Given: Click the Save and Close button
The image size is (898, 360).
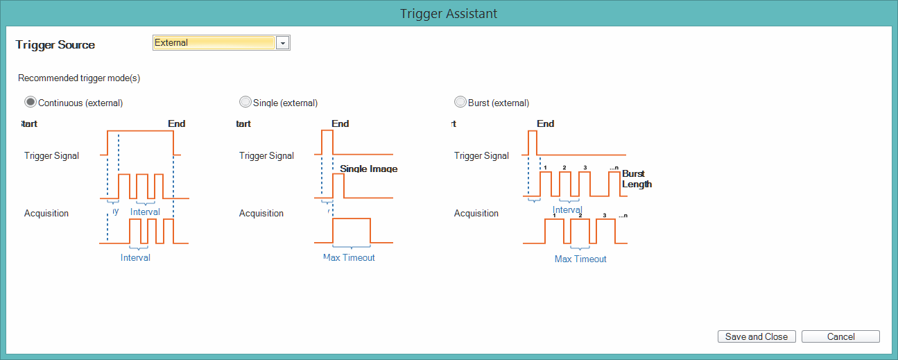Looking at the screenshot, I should point(757,336).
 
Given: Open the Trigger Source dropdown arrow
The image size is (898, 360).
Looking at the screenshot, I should point(282,43).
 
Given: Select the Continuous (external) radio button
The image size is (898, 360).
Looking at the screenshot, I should point(31,103).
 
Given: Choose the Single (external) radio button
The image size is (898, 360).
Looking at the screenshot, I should point(245,103).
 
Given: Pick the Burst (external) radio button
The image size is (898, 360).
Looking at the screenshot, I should point(460,103).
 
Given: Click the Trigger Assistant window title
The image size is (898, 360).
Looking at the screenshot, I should point(449,14).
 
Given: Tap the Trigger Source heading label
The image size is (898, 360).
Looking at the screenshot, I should point(55,44).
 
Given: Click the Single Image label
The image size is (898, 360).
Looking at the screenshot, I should point(368,169).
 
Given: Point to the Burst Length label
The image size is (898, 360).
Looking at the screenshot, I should point(637,179).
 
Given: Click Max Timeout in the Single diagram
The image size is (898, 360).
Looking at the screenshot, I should point(349,257).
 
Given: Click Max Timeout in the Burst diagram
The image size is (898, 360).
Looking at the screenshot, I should point(580,259).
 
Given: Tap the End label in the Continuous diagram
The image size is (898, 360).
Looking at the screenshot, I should point(176,123).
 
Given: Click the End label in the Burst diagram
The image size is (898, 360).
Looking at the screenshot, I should point(546,123).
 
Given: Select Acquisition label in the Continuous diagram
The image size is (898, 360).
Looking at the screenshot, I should point(46,213).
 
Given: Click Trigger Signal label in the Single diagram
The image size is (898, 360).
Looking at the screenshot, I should point(266,156).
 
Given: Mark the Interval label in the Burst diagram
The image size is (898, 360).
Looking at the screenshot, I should point(567,209).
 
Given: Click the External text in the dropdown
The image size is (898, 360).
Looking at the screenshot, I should point(171,42).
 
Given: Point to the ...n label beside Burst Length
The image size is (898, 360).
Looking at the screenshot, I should point(614,168).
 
